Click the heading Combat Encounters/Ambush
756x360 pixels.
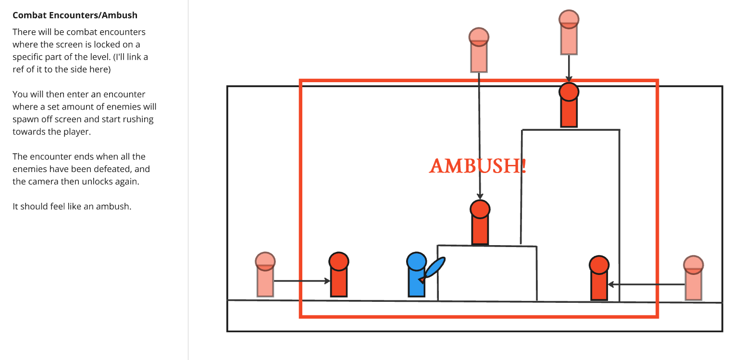coord(75,15)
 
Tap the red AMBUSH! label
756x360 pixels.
coord(478,166)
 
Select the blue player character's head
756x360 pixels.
coord(416,262)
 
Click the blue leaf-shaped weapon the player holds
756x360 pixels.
coord(434,268)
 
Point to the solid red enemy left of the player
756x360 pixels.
coord(339,274)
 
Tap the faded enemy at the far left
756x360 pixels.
coord(265,274)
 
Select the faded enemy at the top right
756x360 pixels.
coord(569,32)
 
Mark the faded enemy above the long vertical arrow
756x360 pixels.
coord(479,50)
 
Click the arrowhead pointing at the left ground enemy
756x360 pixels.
coord(327,281)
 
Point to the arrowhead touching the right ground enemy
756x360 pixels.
coord(611,285)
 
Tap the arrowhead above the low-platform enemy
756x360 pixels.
coord(480,196)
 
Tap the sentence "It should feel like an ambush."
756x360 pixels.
coord(72,207)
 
